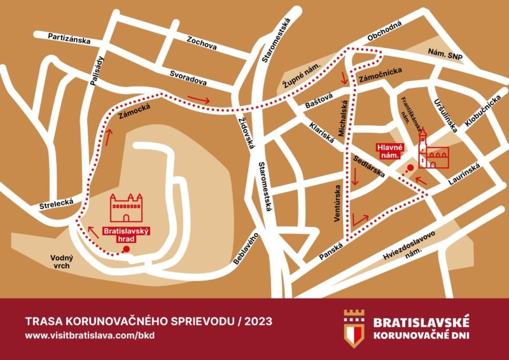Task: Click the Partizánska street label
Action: pyautogui.click(x=69, y=39)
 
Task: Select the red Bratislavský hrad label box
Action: pyautogui.click(x=127, y=234)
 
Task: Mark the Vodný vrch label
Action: pyautogui.click(x=54, y=261)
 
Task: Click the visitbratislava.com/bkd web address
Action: pyautogui.click(x=89, y=335)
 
